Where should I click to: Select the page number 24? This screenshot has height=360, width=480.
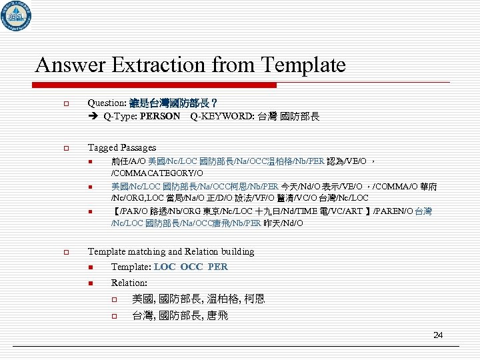(x=438, y=335)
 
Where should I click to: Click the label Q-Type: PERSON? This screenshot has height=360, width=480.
(x=141, y=117)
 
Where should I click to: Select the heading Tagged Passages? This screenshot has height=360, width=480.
(x=122, y=147)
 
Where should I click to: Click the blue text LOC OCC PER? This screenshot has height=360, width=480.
(x=191, y=267)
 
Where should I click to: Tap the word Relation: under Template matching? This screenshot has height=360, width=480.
(x=129, y=283)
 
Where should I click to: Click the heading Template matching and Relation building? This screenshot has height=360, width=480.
(x=171, y=251)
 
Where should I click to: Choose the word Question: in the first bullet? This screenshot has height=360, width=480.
(x=109, y=103)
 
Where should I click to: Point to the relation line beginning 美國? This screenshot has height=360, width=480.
(x=198, y=299)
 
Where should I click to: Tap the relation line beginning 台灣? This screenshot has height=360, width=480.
(x=179, y=315)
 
